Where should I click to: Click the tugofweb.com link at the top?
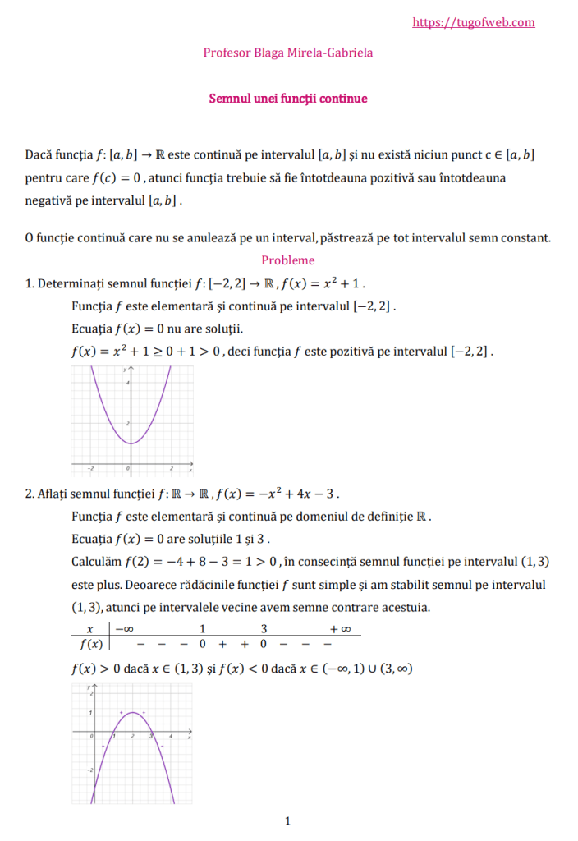pos(474,23)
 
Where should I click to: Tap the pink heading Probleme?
pos(288,260)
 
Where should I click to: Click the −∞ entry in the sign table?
pos(124,629)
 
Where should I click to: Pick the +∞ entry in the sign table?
pos(340,629)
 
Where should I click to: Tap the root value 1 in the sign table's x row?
pos(202,629)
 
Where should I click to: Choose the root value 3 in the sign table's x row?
pos(264,629)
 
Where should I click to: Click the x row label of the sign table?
pos(89,629)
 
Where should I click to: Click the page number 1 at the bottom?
pos(287,820)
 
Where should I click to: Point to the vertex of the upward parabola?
pos(130,443)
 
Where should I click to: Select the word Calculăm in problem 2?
pos(96,562)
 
